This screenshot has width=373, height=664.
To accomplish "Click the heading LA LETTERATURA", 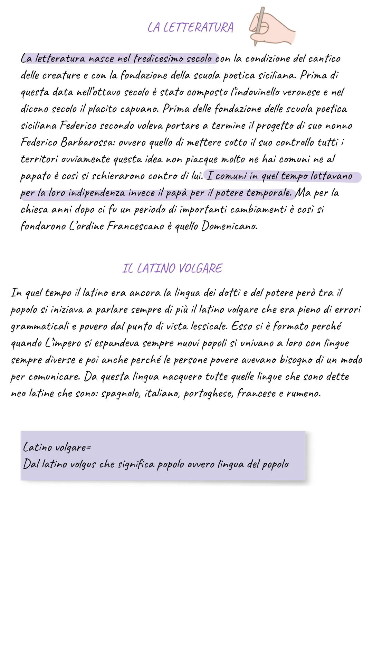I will coord(190,27).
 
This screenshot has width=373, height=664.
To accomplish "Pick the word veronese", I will coord(302,92).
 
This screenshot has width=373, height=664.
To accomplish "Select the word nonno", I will coord(338,126).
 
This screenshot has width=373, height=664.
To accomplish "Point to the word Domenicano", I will coord(230,227).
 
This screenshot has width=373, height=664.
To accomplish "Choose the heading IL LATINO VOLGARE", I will coord(172,268).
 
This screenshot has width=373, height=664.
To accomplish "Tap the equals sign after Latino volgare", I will coord(88,448).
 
